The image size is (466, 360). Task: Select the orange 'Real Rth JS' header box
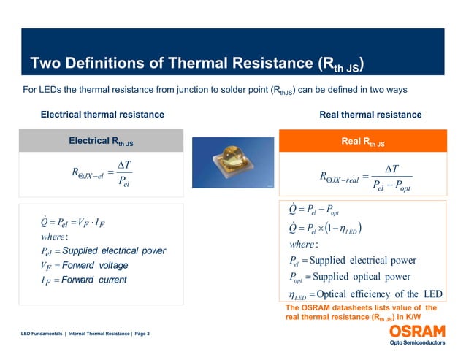(363, 140)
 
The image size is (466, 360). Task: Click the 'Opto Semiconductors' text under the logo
(418, 342)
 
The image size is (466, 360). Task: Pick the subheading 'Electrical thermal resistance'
(102, 115)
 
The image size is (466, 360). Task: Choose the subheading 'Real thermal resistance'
(370, 115)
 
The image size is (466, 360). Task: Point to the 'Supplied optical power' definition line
(357, 277)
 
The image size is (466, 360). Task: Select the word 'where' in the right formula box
(305, 244)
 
